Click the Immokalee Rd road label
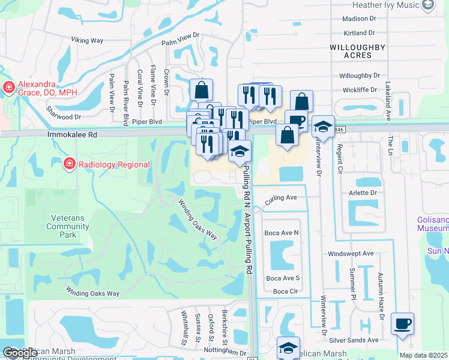click(72, 136)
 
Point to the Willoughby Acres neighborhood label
click(351, 50)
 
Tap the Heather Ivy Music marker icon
click(428, 5)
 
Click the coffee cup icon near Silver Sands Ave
click(402, 324)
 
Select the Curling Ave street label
click(282, 197)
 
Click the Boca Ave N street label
click(282, 232)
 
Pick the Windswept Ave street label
click(351, 254)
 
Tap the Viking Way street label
click(87, 40)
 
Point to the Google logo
click(20, 353)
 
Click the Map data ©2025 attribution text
click(423, 355)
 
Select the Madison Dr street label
click(358, 19)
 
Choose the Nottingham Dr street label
click(225, 353)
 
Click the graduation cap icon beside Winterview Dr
click(323, 127)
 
